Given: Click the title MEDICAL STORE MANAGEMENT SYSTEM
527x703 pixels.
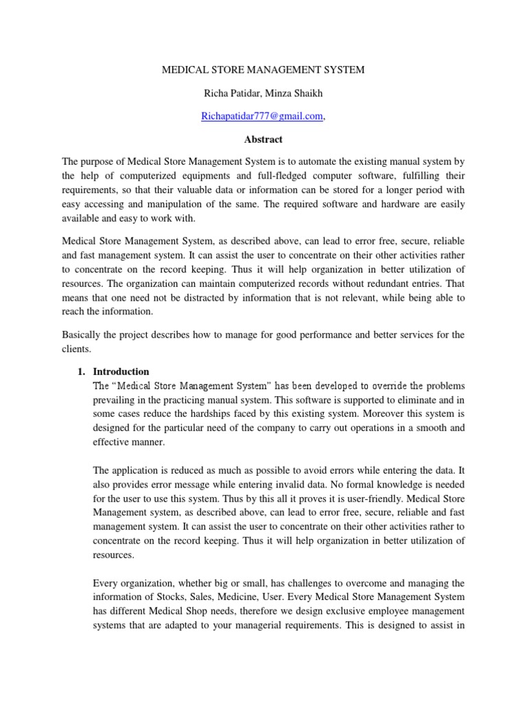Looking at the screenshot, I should (x=263, y=69).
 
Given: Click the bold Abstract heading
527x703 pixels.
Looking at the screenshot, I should (x=263, y=139).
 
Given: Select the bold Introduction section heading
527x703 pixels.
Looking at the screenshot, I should (x=121, y=371).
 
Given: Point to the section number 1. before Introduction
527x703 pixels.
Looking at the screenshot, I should (x=81, y=371).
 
